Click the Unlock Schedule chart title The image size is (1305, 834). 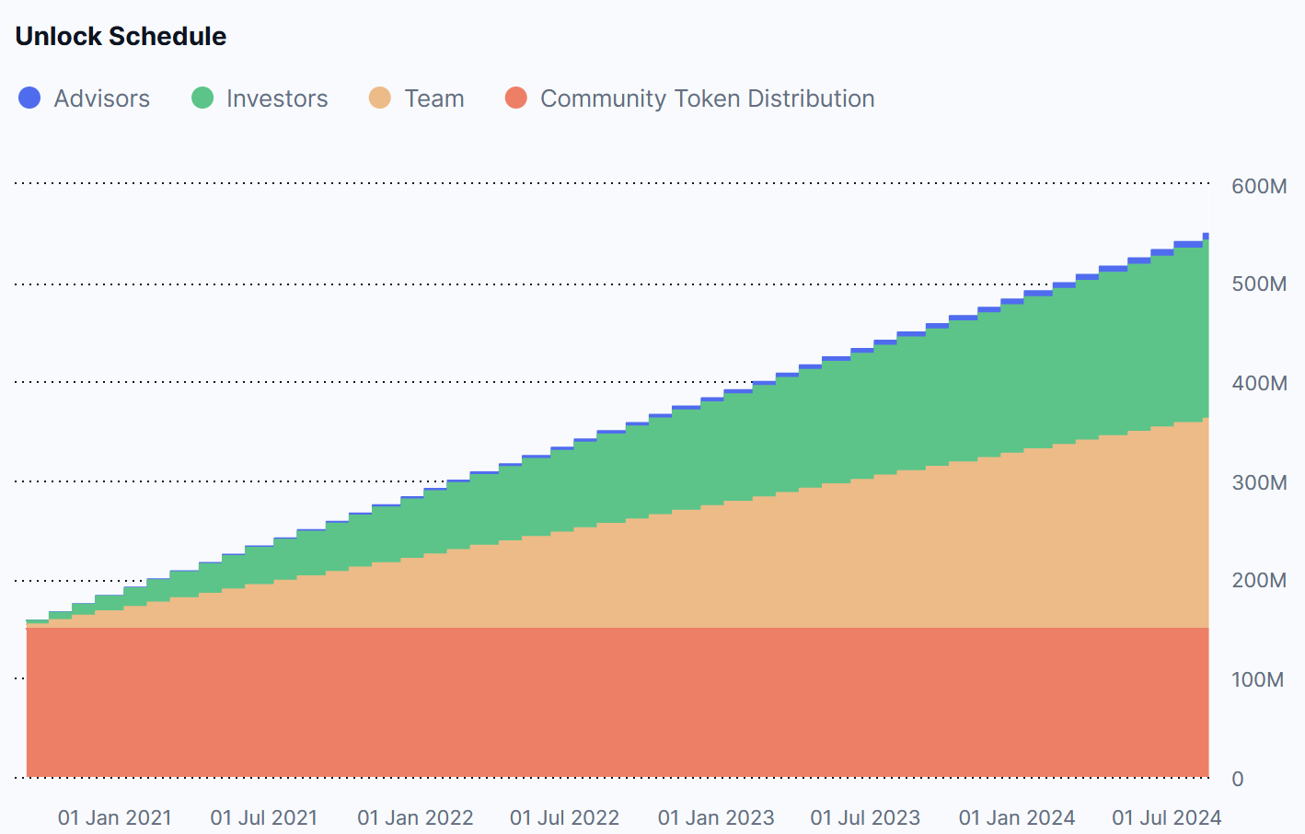coord(121,36)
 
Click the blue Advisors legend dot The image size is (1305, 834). coord(29,98)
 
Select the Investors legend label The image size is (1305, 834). coord(277,98)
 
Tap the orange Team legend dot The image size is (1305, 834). coord(380,98)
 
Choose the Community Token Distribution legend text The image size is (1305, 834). coord(708,98)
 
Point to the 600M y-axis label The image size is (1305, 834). coord(1259,186)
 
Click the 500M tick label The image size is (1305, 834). coord(1259,284)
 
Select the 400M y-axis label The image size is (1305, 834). coord(1259,383)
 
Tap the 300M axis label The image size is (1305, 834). coord(1259,482)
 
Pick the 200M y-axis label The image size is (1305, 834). coord(1259,581)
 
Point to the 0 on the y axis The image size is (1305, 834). coord(1238,779)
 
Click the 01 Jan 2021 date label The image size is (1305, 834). coord(115,817)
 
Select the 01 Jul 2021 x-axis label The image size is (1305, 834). coord(264,817)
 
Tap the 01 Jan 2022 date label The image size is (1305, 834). coord(415,817)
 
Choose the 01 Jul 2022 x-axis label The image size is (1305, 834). coord(564,817)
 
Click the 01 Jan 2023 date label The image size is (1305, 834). coord(716,817)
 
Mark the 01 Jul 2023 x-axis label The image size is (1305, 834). coord(865,817)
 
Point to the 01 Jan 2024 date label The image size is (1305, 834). coord(1017,817)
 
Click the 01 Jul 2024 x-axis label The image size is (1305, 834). coord(1167,817)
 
